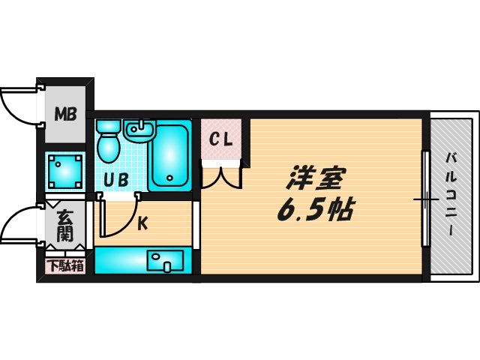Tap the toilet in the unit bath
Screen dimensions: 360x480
pos(109,142)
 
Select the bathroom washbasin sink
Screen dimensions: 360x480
pos(139,130)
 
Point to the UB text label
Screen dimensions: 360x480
pos(116,180)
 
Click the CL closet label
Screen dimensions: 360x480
pos(220,139)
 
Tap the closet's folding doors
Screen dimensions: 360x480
pos(220,175)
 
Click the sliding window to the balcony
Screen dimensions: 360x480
pos(424,199)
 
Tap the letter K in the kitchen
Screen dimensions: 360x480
pos(141,222)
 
